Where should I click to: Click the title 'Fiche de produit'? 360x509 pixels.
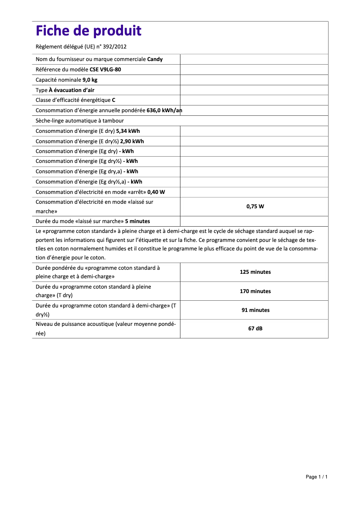[x=88, y=31]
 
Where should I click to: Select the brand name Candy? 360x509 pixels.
[x=155, y=59]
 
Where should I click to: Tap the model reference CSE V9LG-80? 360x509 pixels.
[x=105, y=70]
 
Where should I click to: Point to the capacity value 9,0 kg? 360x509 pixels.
[x=90, y=80]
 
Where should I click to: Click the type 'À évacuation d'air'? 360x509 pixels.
[x=71, y=90]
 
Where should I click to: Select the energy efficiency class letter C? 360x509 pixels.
[x=114, y=100]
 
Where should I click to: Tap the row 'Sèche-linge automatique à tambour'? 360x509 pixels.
[x=79, y=121]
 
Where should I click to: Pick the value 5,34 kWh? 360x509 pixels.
[x=128, y=131]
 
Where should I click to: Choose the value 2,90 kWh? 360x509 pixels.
[x=132, y=141]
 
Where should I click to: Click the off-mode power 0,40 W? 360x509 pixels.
[x=156, y=192]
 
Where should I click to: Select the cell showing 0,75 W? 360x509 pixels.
[x=255, y=206]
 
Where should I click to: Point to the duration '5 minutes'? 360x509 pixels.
[x=137, y=221]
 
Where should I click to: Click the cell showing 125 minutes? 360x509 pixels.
[x=255, y=272]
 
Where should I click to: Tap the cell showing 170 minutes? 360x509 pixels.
[x=255, y=291]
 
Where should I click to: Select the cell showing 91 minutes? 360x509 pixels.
[x=255, y=310]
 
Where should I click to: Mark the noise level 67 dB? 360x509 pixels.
[x=255, y=329]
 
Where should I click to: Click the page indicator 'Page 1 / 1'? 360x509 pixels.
[x=316, y=477]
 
